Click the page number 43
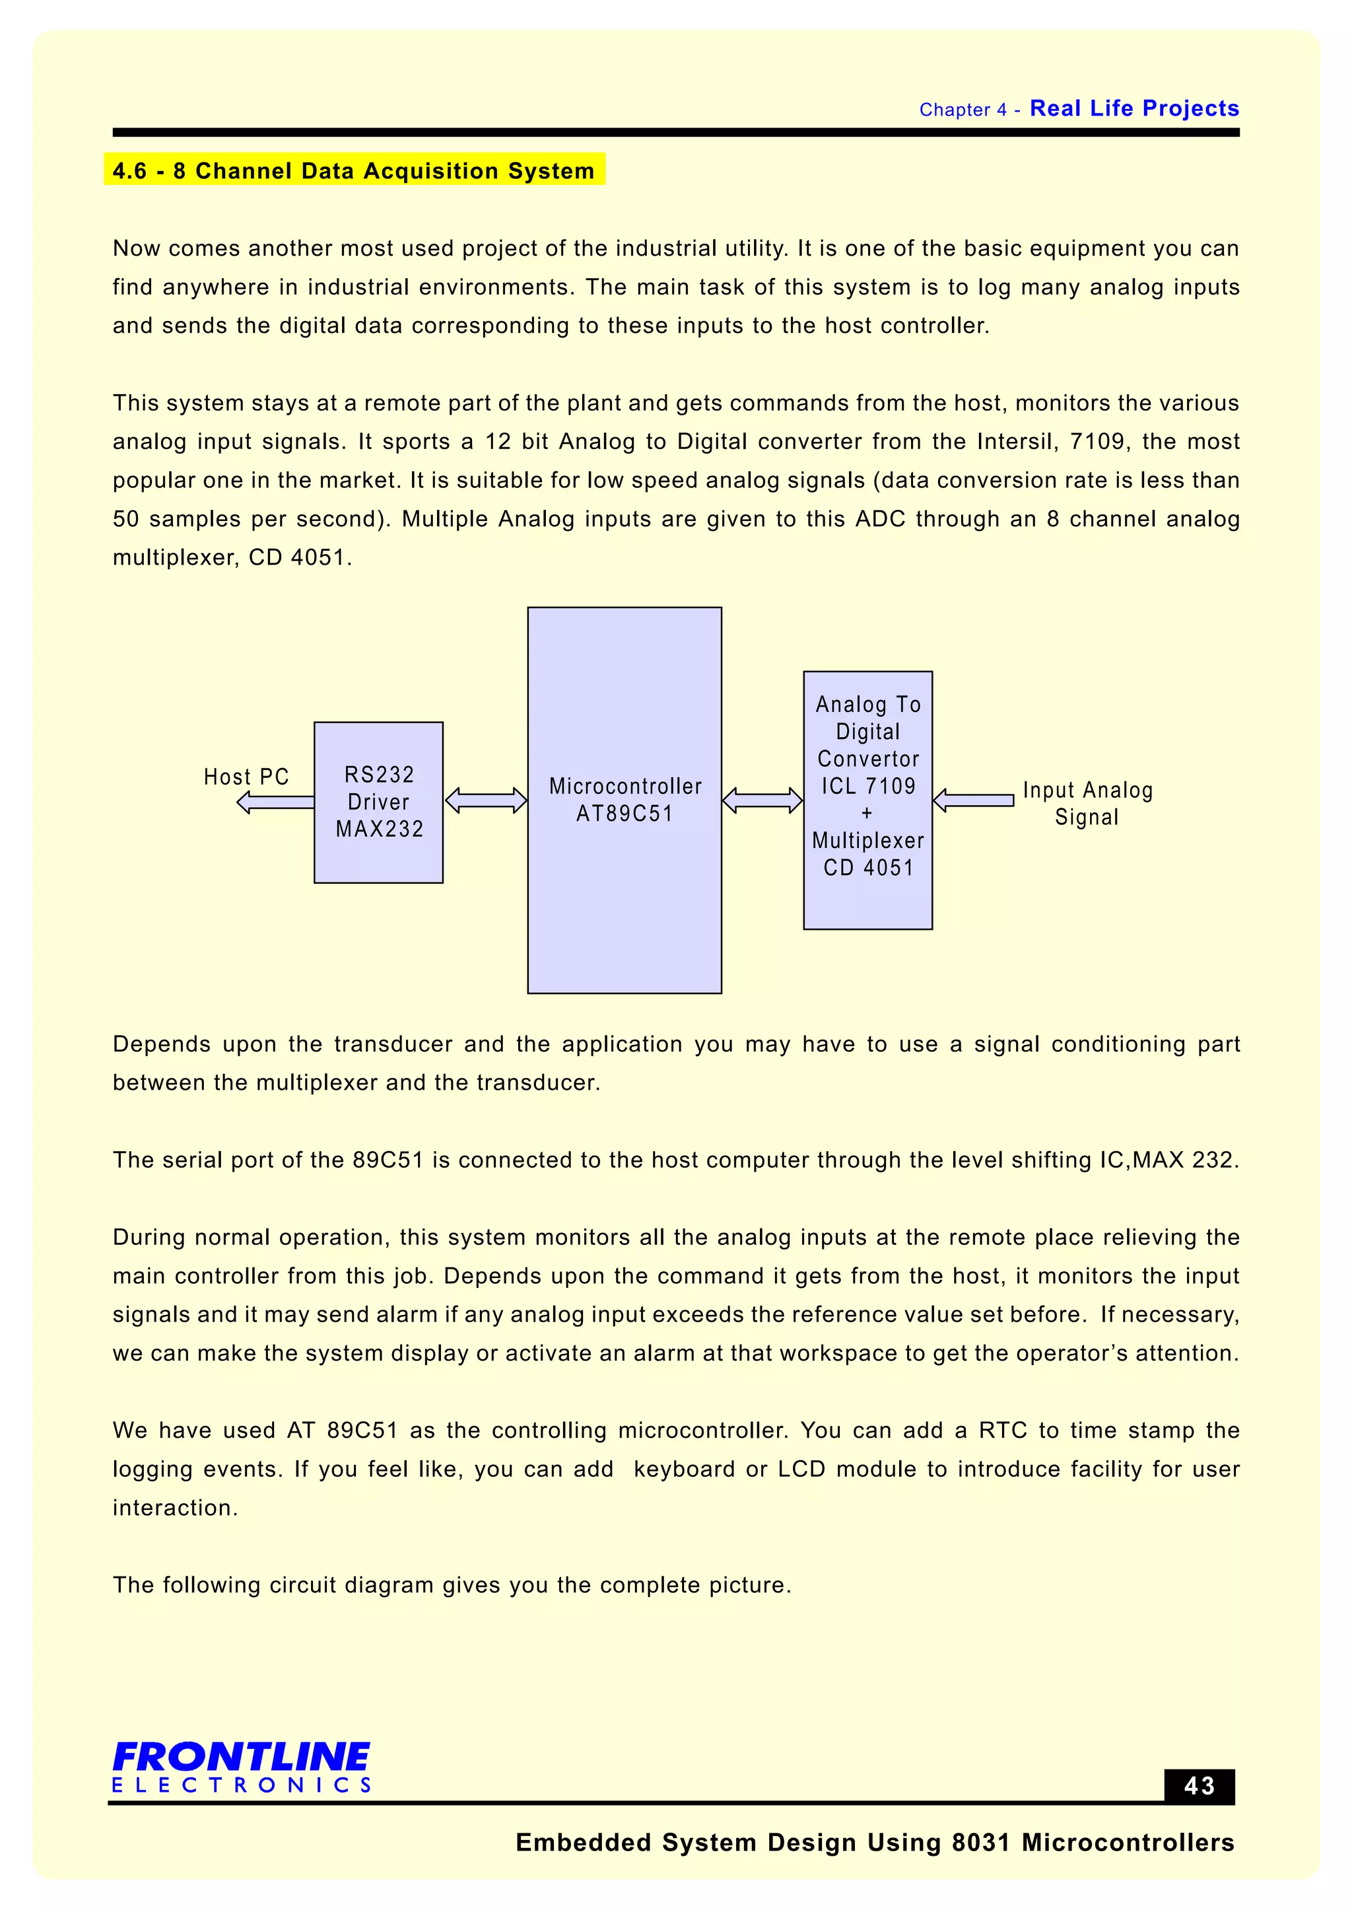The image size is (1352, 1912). (1199, 1787)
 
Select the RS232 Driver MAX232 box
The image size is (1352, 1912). (379, 802)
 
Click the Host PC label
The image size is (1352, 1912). (246, 777)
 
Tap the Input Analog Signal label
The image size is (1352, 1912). (1087, 804)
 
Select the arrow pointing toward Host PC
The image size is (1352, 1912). (275, 802)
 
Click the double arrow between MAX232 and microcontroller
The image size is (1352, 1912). (486, 801)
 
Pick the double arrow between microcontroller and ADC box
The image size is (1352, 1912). (762, 801)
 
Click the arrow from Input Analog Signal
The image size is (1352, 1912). (973, 800)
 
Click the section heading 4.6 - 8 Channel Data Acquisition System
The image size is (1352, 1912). (354, 170)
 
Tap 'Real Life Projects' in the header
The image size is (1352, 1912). (1134, 108)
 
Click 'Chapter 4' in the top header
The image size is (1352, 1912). (963, 110)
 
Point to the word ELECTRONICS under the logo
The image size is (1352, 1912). (242, 1785)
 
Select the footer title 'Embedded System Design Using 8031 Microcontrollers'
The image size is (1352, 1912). (875, 1843)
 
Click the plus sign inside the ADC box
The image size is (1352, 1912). (867, 814)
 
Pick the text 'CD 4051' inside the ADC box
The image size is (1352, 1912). (868, 868)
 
